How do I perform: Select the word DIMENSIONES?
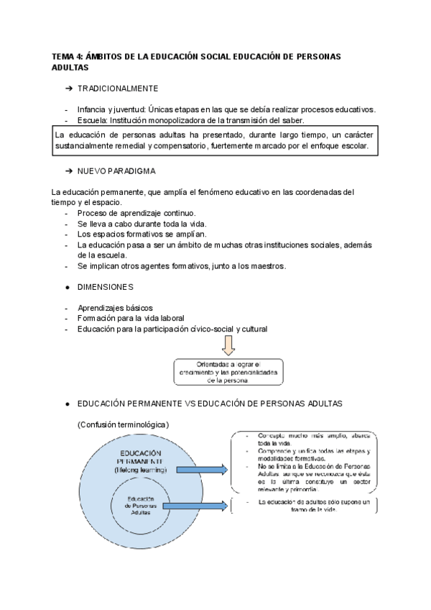105,287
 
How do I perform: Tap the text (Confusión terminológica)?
123,424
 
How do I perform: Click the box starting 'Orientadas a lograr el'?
228,371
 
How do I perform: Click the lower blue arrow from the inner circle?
196,506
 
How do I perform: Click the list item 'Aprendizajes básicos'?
115,308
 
